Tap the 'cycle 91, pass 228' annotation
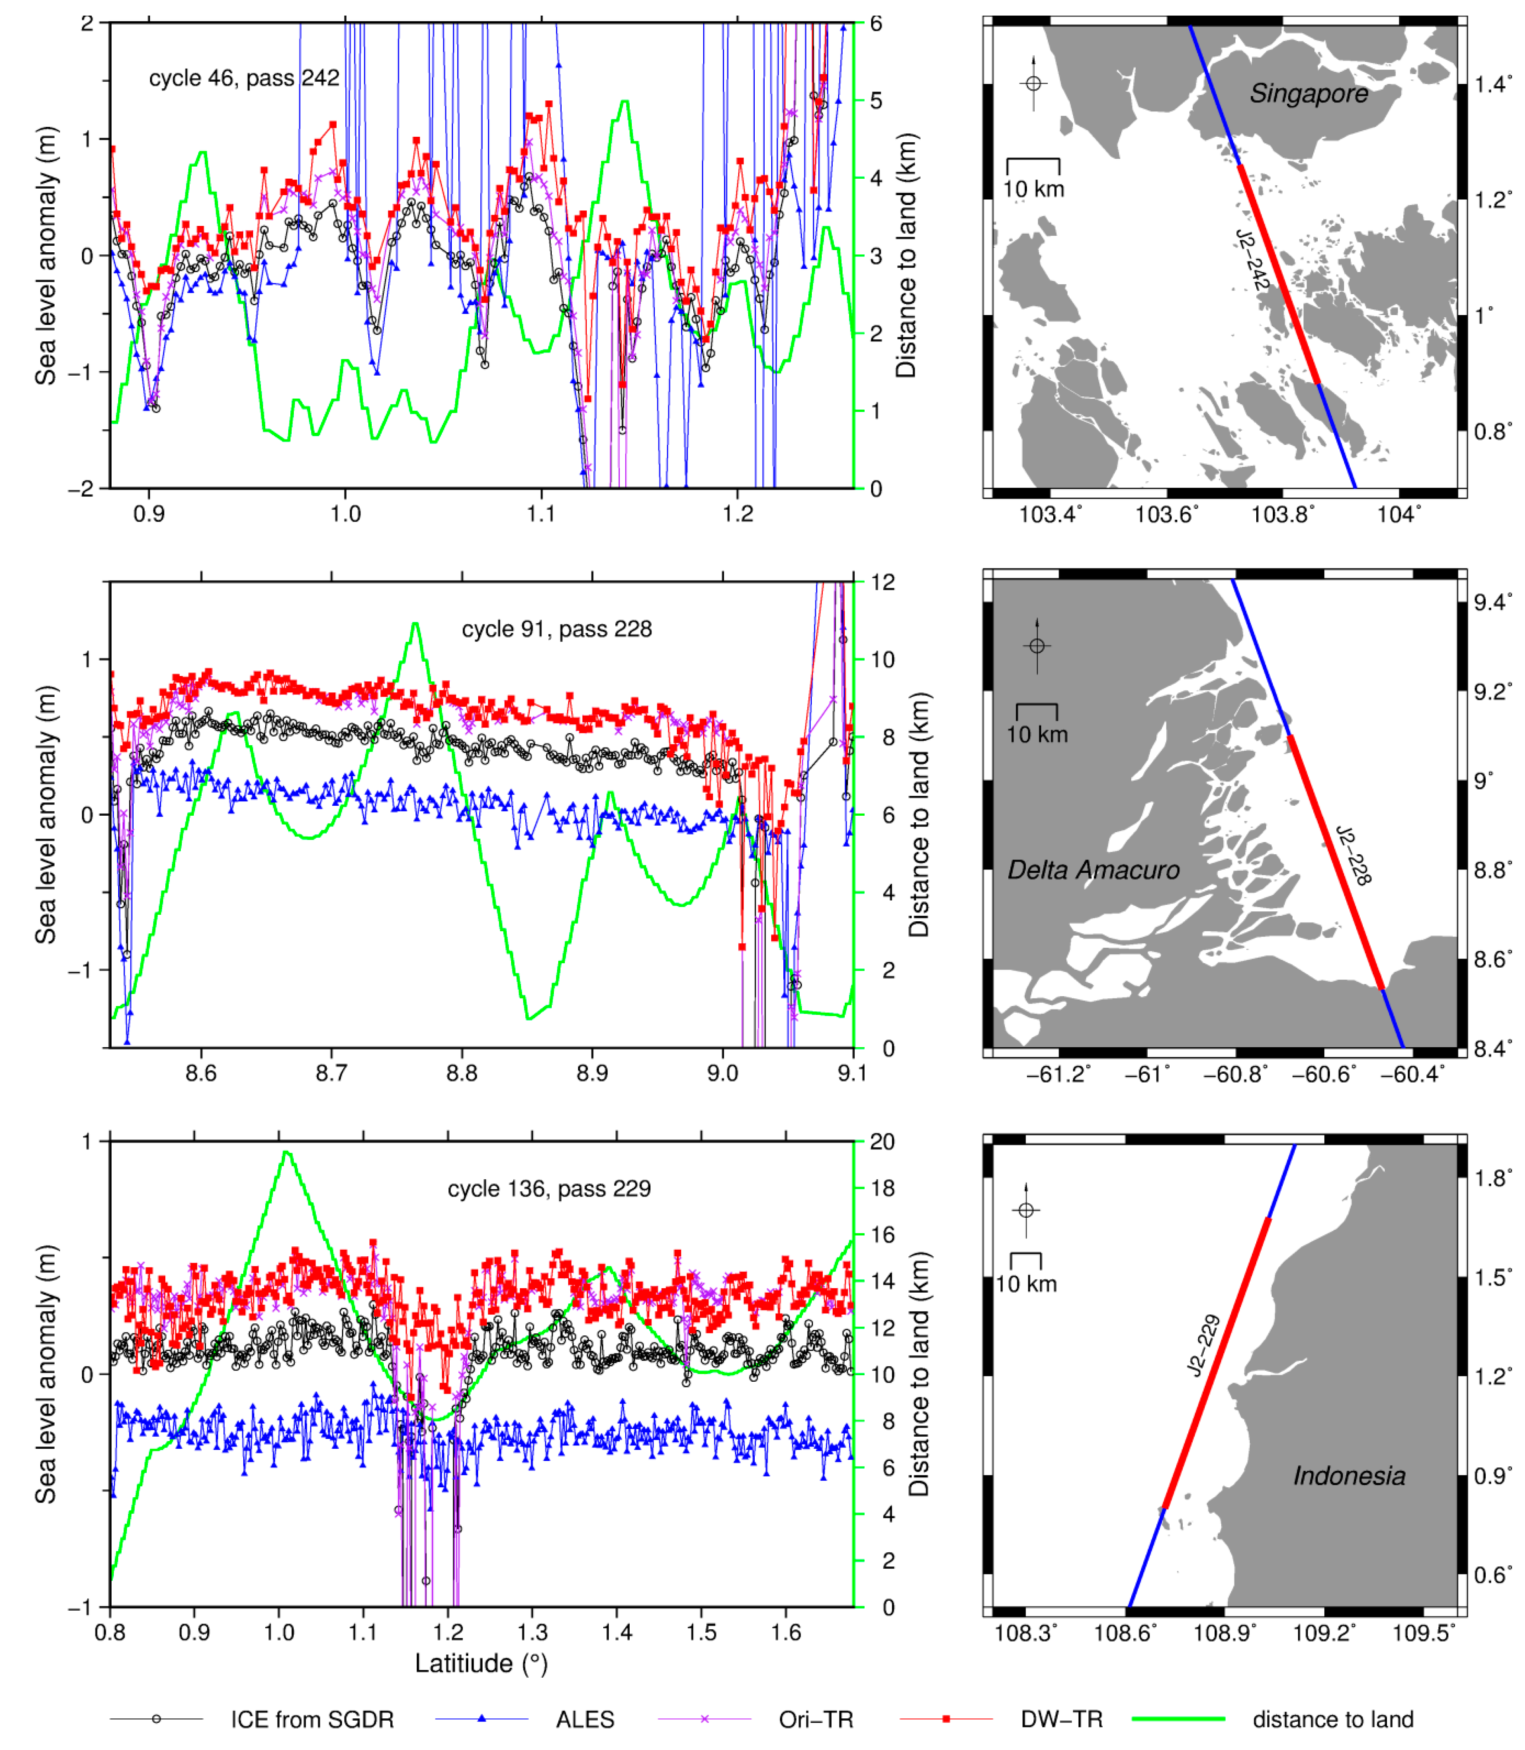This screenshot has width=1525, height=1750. tap(557, 630)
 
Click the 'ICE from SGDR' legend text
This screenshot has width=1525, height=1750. tap(312, 1719)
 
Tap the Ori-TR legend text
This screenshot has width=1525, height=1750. tap(815, 1719)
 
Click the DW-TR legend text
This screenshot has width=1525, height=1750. tap(1061, 1719)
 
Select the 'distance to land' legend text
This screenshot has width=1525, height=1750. tap(1333, 1719)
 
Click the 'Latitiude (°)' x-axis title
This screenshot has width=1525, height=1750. tap(481, 1663)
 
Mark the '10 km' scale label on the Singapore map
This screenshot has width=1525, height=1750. tap(1033, 189)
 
